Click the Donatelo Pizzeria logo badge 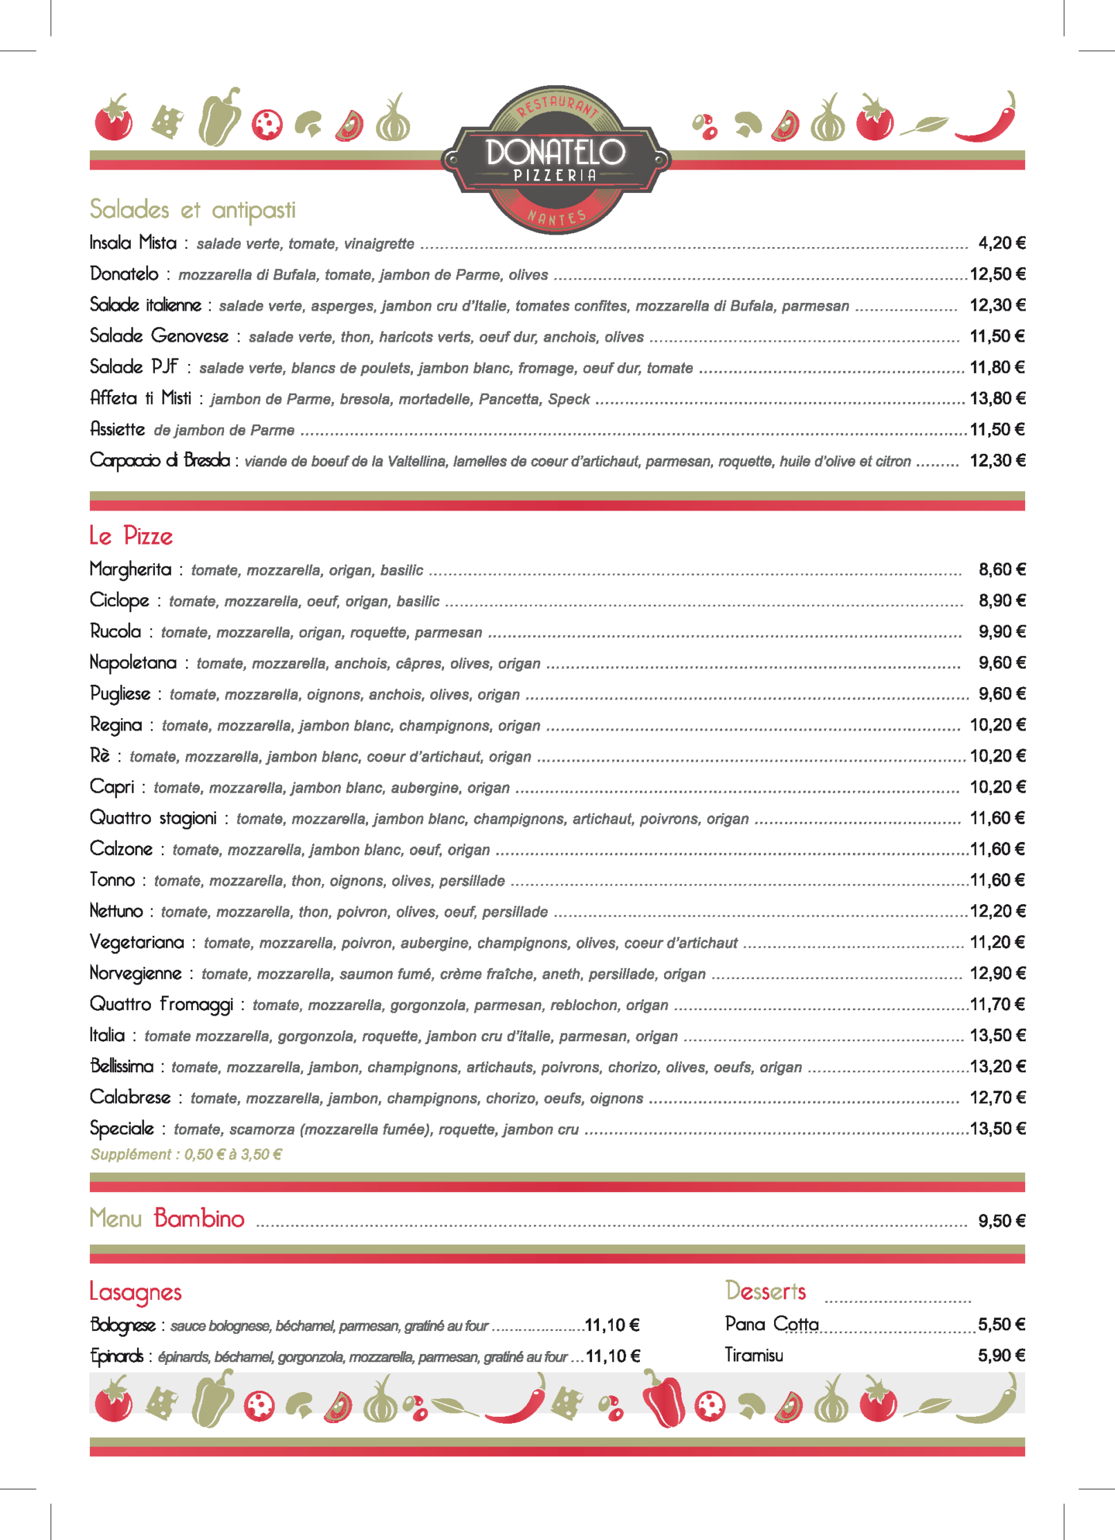click(x=555, y=160)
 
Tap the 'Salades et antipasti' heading click(x=192, y=210)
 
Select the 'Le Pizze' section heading click(x=131, y=536)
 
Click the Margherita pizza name click(x=130, y=569)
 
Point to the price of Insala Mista click(x=1001, y=243)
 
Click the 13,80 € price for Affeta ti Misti click(x=997, y=398)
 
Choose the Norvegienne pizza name click(x=136, y=973)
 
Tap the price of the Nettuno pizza click(x=997, y=911)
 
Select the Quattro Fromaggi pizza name click(x=161, y=1005)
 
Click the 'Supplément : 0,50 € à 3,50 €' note click(x=186, y=1154)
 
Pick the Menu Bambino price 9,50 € click(x=1001, y=1221)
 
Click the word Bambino click(x=199, y=1219)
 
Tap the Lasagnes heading click(x=136, y=1292)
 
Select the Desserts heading click(x=766, y=1291)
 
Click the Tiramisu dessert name click(x=754, y=1355)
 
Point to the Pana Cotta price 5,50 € click(x=1001, y=1324)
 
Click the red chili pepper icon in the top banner click(x=988, y=119)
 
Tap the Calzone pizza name click(x=121, y=849)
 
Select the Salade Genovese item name click(x=159, y=336)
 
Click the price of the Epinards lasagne click(x=612, y=1356)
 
